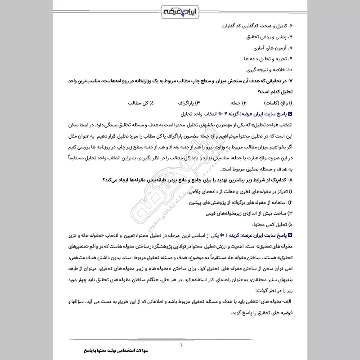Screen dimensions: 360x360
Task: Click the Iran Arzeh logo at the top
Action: click(180, 10)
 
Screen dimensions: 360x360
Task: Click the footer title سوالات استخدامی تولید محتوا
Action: click(116, 351)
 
